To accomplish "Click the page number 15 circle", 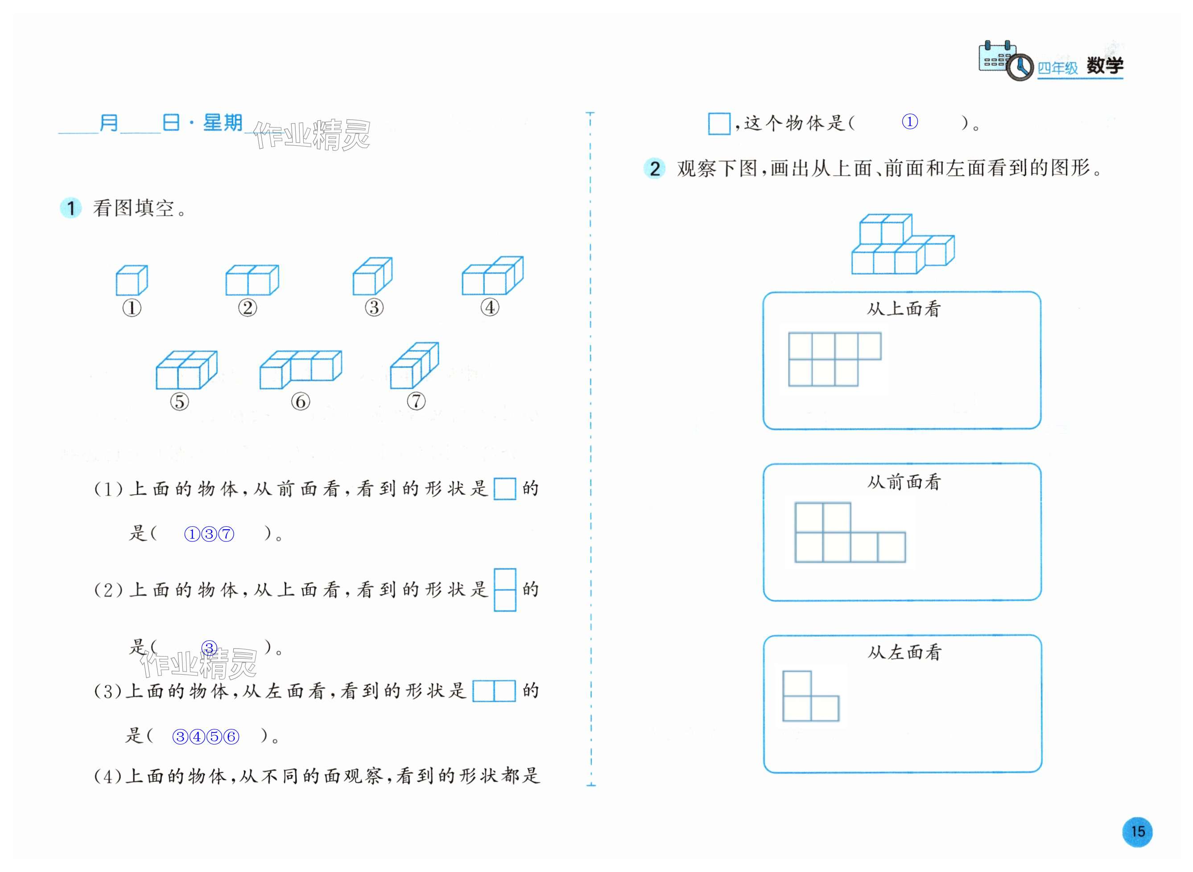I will coord(1137,831).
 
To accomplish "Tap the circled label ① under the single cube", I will coord(132,308).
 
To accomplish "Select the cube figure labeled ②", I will coord(252,280).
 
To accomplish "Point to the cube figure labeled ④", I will coord(492,275).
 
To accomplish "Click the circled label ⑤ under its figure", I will coord(179,401).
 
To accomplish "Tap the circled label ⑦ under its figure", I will coord(416,401).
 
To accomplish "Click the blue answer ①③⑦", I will coord(209,534).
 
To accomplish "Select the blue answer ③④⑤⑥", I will coord(206,737).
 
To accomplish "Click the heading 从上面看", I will coord(904,309).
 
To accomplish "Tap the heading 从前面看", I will coord(904,482).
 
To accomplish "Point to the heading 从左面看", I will coord(904,653).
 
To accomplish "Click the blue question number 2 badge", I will coord(654,169).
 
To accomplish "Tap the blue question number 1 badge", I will coord(71,208).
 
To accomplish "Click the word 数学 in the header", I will coord(1104,66).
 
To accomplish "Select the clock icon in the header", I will coord(1019,68).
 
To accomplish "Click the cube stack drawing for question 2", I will coord(902,244).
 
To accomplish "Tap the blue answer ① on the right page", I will coord(909,122).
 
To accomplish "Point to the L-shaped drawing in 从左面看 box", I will coord(810,696).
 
